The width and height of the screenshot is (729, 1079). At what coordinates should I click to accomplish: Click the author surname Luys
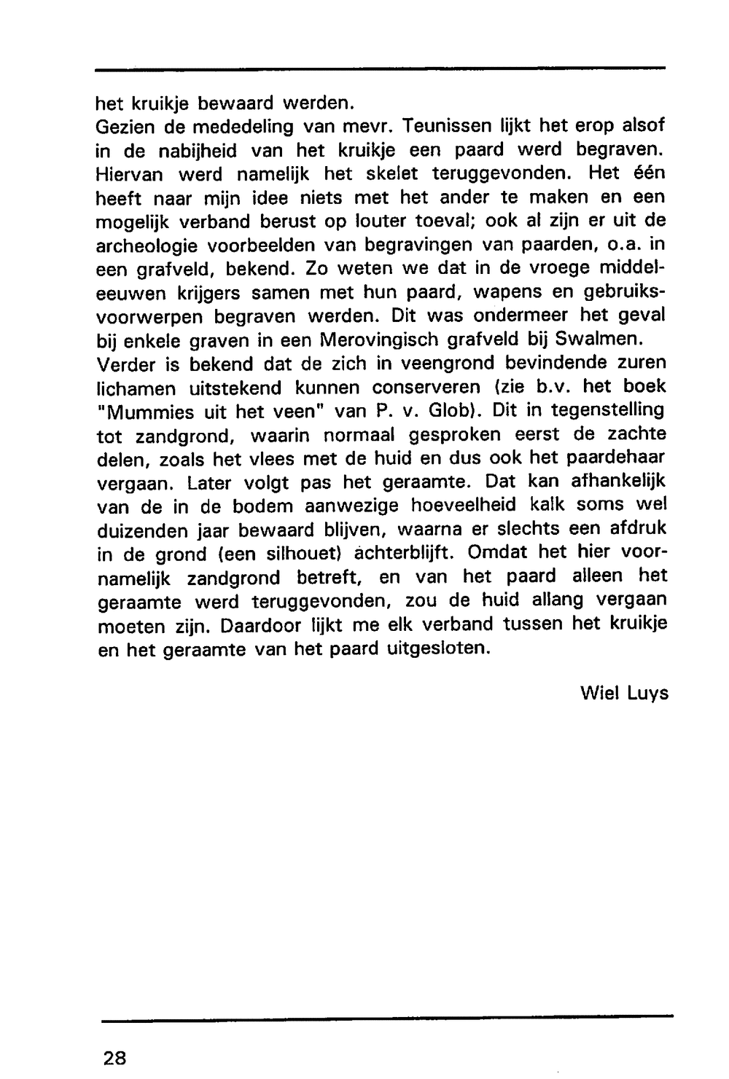tap(647, 692)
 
